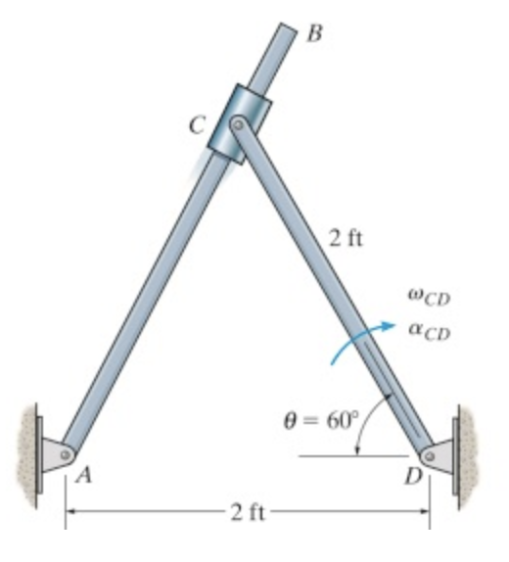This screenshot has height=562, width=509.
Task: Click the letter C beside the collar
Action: coord(199,124)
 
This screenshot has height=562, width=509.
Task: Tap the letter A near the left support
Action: coord(85,479)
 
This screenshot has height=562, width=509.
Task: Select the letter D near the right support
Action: coord(412,479)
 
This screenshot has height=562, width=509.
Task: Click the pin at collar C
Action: coord(237,124)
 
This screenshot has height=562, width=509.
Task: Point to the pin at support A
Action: coord(66,453)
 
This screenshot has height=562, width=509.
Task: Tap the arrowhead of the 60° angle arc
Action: coord(358,450)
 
